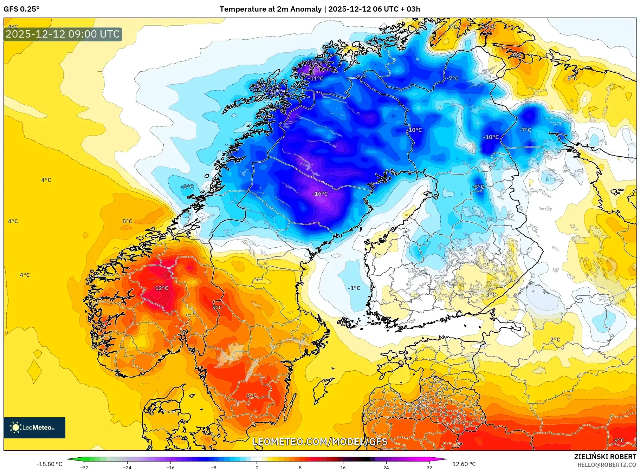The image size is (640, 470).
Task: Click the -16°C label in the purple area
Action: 320,194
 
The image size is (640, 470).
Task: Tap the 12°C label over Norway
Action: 162,288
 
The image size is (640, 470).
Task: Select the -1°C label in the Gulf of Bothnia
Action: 354,288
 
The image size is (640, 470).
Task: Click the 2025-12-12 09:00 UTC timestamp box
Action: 63,34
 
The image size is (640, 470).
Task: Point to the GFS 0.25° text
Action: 21,9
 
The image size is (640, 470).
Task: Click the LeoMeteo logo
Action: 34,427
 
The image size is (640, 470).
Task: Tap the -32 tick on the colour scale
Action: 84,467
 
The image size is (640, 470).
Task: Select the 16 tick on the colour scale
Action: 343,467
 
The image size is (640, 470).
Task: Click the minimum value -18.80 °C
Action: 49,464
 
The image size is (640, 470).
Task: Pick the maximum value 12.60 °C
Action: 464,464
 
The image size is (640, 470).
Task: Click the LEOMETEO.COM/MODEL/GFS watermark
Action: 320,442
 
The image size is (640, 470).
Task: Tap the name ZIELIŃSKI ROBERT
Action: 605,457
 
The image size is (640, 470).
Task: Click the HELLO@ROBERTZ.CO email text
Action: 606,465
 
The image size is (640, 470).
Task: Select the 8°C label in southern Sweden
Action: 251,396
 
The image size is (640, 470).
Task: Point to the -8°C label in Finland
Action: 478,187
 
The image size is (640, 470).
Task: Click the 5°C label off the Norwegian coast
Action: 127,221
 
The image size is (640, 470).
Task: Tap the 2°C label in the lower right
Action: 555,339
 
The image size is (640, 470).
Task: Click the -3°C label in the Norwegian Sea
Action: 188,187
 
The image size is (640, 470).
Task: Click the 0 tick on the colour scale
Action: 257,467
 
